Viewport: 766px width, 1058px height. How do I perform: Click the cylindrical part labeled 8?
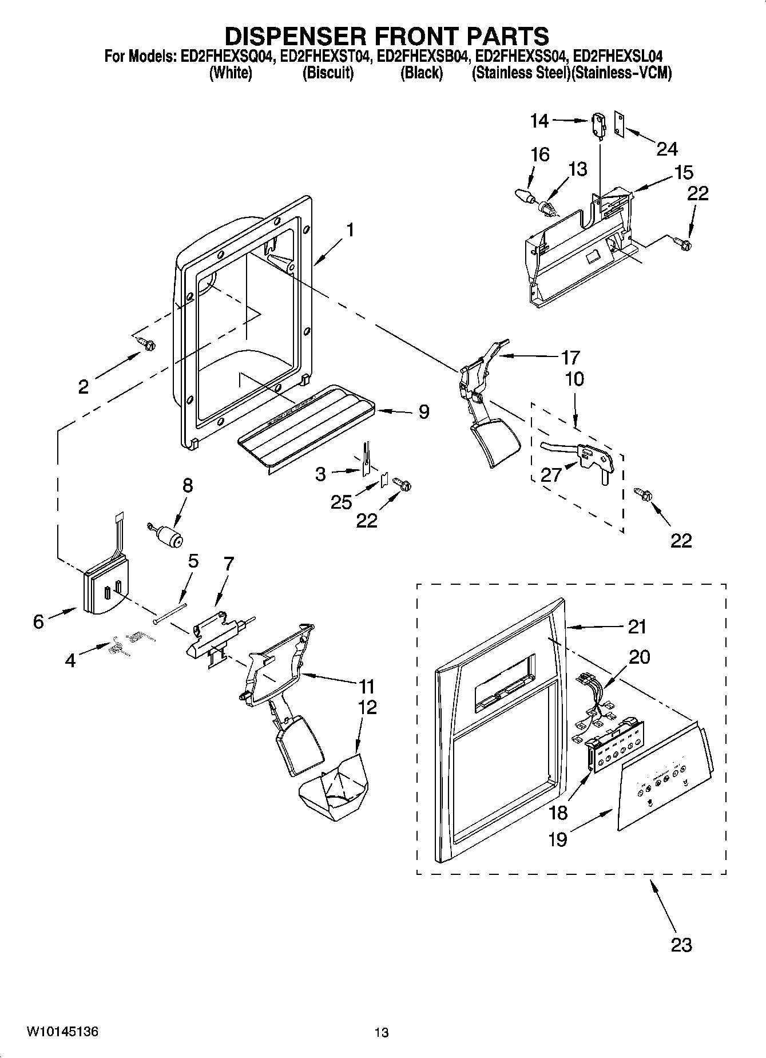point(168,536)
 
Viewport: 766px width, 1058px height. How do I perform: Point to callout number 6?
point(38,621)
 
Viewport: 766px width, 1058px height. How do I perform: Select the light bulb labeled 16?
point(525,195)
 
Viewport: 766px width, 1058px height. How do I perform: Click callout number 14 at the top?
point(539,121)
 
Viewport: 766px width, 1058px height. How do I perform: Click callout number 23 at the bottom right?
point(681,944)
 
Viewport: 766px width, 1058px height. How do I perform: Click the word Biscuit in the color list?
point(328,73)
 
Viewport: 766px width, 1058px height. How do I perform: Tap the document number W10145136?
point(62,1032)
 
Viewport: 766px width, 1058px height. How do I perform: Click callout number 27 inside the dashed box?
point(551,474)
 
